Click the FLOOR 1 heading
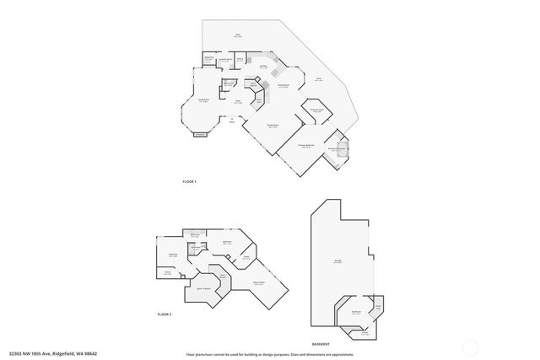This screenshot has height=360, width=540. coord(189,182)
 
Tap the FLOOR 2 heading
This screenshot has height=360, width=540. coord(165,314)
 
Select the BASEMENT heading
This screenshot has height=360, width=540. coord(321,344)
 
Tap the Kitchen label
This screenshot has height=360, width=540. coord(263,67)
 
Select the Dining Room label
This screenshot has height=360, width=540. coord(283,85)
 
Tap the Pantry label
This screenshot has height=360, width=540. coord(240,58)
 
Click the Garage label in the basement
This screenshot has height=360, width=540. coord(337,261)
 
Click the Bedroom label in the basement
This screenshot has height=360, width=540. coord(356,312)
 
